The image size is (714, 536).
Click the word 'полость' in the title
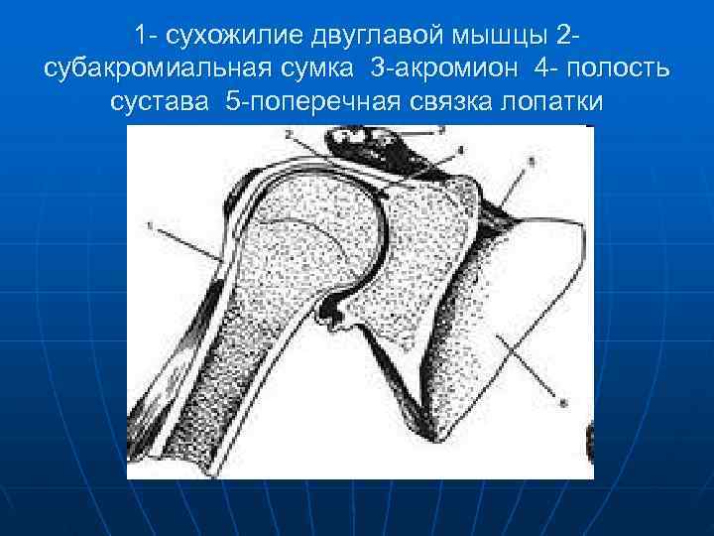point(614,70)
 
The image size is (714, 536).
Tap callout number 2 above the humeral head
point(287,132)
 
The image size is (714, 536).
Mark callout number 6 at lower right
point(564,403)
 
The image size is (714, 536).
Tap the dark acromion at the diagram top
point(377,144)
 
